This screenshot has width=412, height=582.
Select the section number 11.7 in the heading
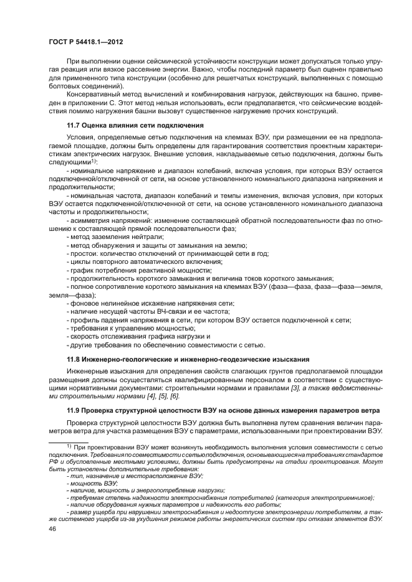click(x=75, y=125)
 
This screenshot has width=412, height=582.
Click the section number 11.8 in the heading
click(x=75, y=359)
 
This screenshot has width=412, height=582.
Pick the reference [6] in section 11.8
click(x=175, y=396)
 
